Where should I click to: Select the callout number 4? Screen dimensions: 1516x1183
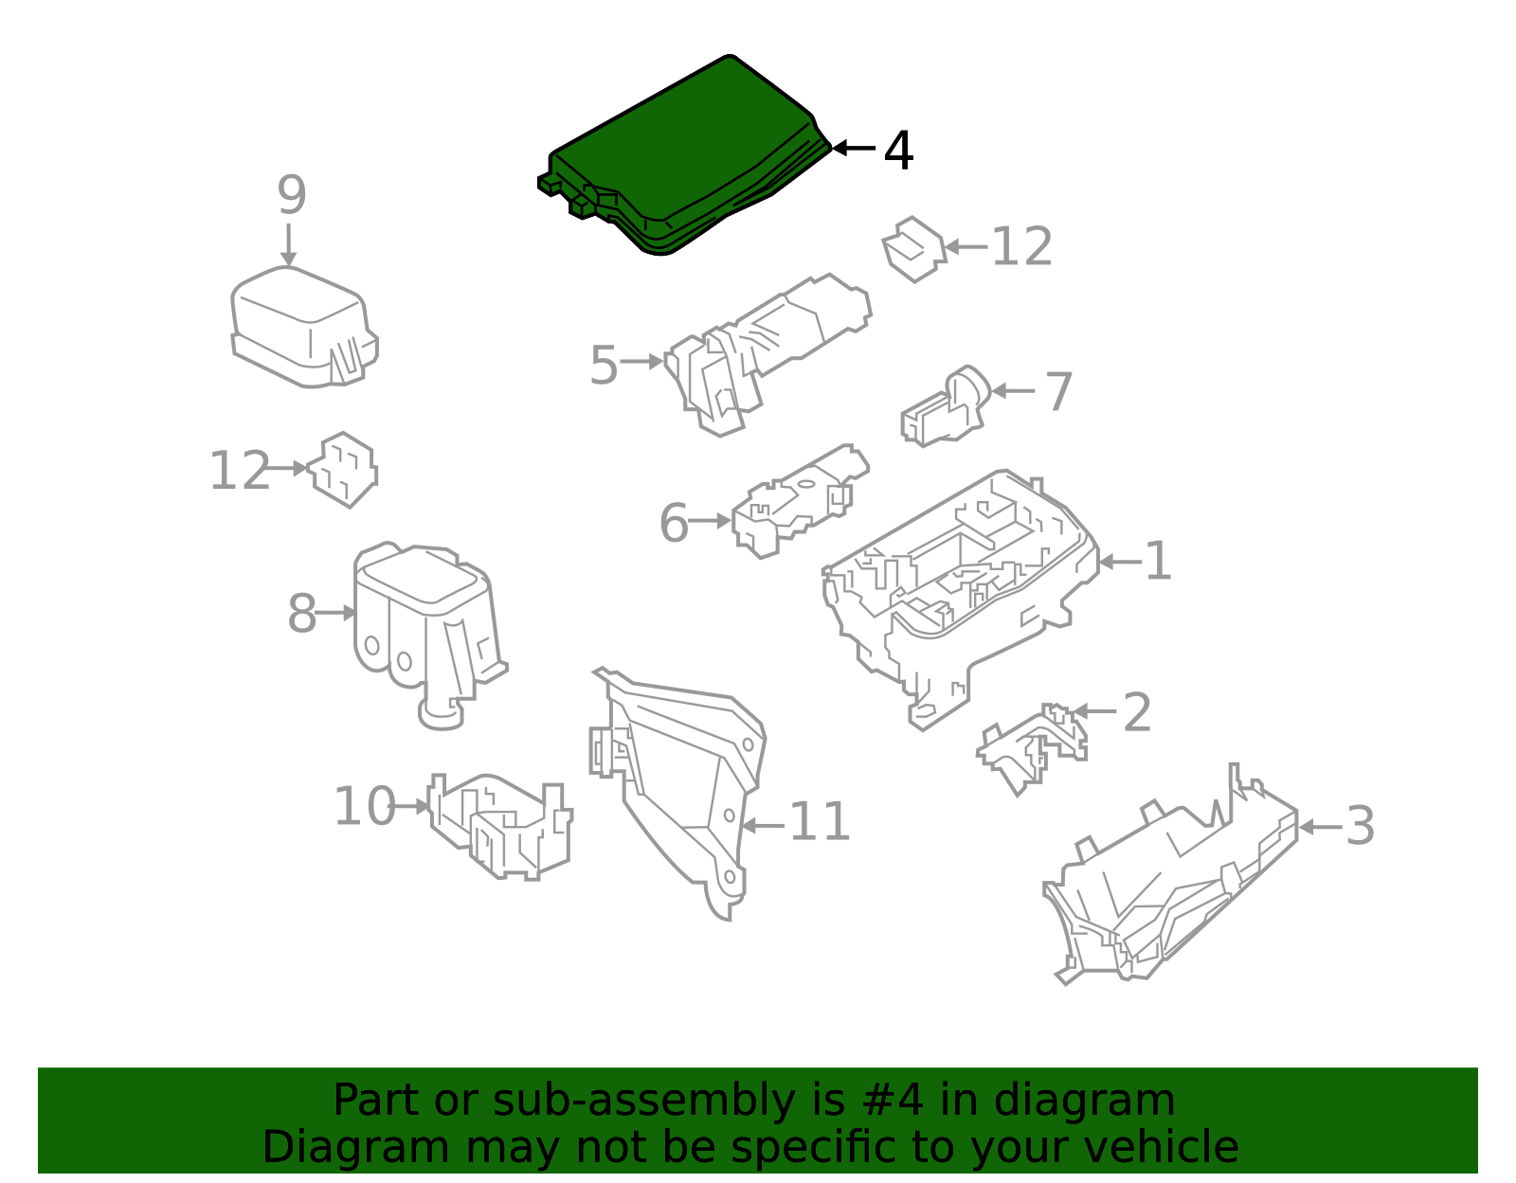[898, 150]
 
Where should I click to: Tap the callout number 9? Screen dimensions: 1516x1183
[292, 194]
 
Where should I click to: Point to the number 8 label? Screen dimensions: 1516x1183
[302, 614]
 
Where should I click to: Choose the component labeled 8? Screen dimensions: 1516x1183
[429, 635]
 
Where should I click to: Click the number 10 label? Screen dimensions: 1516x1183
[365, 807]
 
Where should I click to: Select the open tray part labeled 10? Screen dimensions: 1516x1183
[500, 826]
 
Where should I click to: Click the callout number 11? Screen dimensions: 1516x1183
[820, 821]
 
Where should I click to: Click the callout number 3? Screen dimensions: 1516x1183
[1360, 826]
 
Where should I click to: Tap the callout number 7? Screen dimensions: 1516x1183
[1058, 391]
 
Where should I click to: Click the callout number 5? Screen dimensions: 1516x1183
[604, 365]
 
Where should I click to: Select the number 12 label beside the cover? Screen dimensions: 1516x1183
[1021, 247]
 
